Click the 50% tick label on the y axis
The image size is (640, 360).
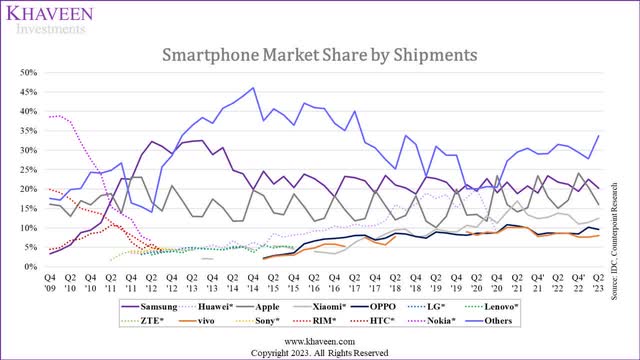[26, 73]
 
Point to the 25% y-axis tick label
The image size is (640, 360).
[26, 170]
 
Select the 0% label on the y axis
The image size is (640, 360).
[29, 266]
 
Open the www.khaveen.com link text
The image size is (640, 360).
[320, 340]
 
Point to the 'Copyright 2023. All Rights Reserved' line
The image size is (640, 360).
[320, 352]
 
